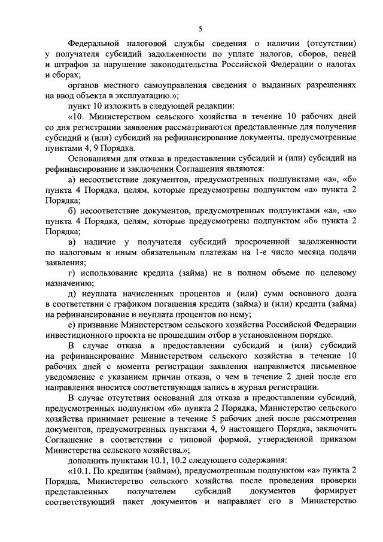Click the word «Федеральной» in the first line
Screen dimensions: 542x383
94,44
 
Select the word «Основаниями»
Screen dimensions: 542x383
94,159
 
